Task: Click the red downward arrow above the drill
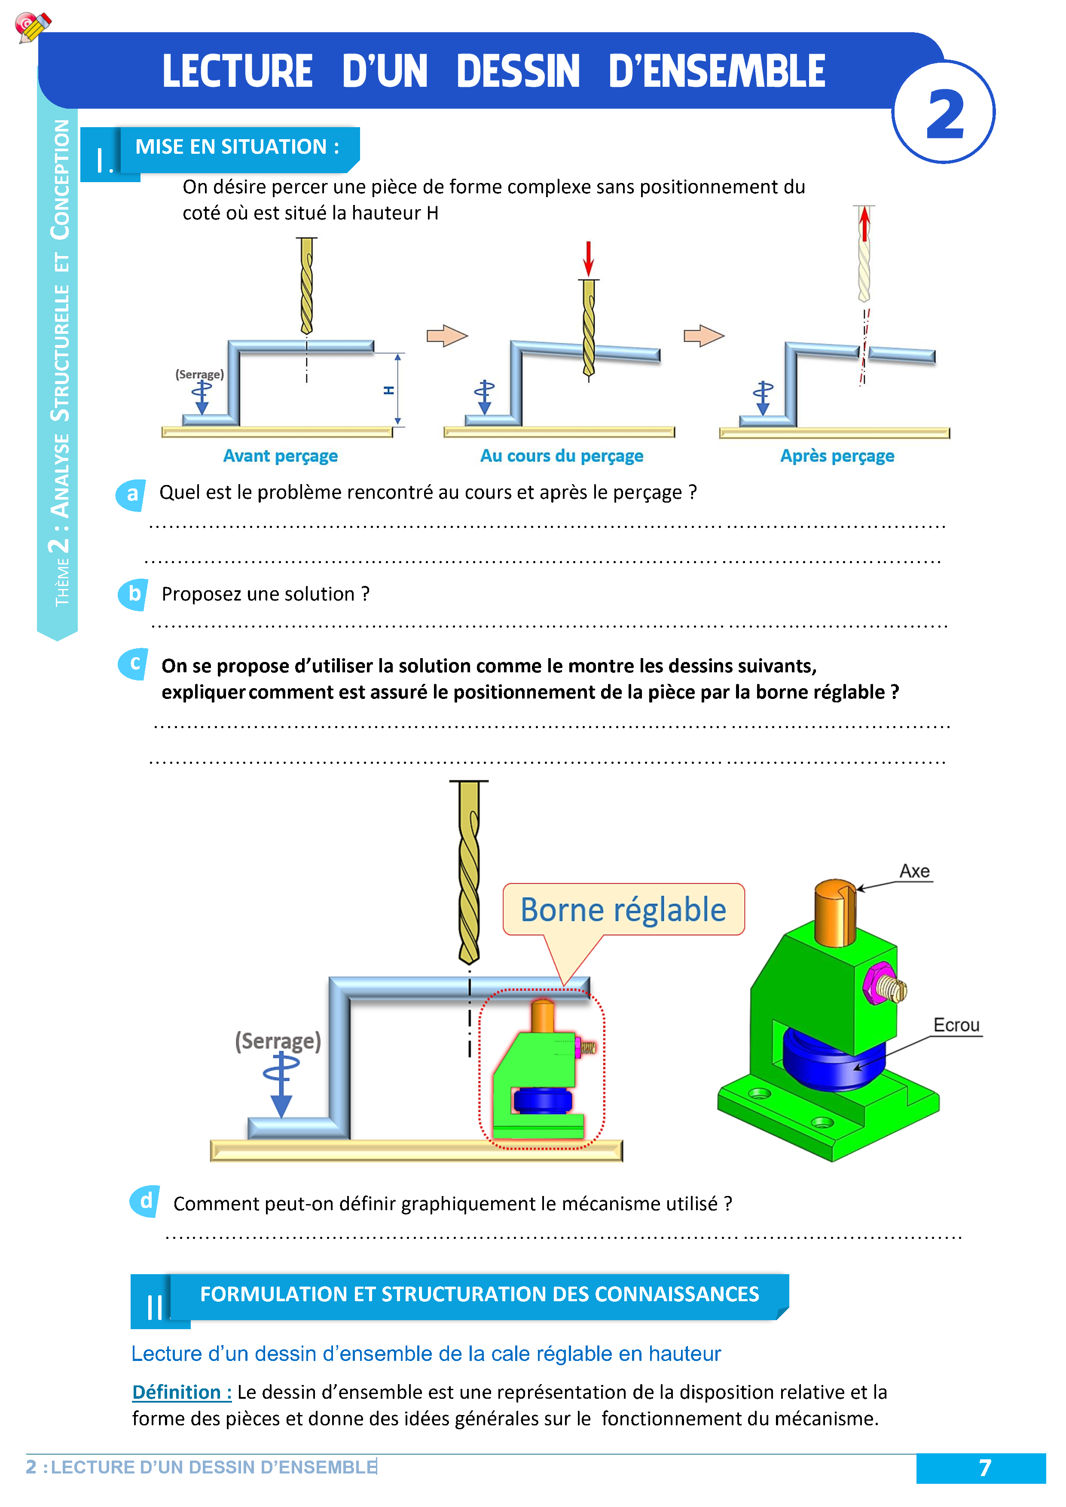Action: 589,258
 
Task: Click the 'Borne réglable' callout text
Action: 623,910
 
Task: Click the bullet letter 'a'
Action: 132,494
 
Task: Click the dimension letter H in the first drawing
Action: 388,390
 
